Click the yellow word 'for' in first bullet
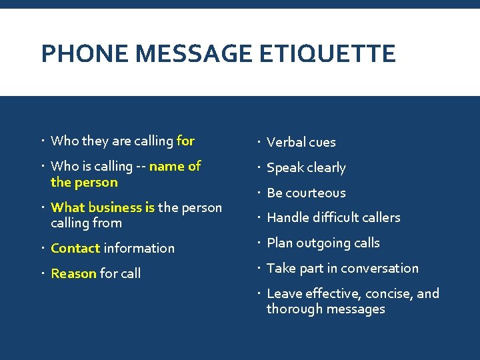click(185, 141)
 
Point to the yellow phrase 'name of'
click(175, 166)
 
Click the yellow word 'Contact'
click(75, 248)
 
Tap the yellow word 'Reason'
click(73, 273)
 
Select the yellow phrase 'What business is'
click(103, 207)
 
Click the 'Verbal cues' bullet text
click(301, 142)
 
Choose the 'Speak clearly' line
click(306, 167)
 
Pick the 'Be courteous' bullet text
click(306, 193)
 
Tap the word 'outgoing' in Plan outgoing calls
click(323, 243)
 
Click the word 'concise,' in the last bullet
click(387, 293)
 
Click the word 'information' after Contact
click(139, 248)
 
